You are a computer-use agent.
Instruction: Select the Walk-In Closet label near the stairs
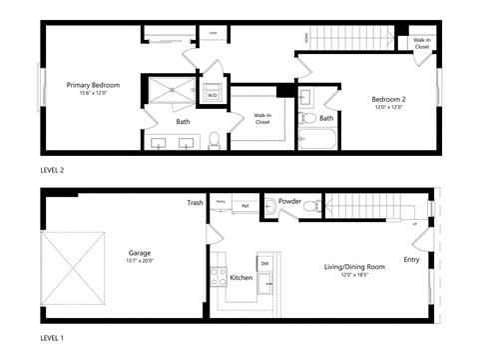[421, 43]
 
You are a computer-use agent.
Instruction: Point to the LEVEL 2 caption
[52, 171]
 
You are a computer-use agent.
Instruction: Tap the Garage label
[139, 253]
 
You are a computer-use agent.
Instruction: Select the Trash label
[195, 203]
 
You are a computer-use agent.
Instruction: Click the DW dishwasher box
[264, 264]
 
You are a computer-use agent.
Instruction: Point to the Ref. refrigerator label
[245, 206]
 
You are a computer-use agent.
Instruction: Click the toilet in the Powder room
[311, 208]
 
